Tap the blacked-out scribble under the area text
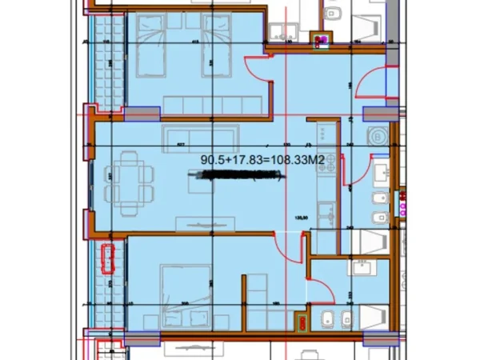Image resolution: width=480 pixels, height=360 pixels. click(x=238, y=181)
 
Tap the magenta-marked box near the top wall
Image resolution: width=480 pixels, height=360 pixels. click(x=323, y=39)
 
